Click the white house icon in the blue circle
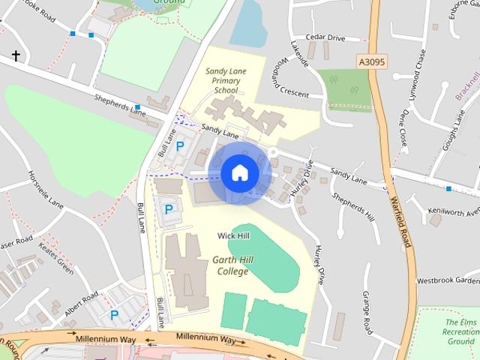coord(239,172)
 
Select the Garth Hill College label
coord(230,265)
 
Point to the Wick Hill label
coord(233,235)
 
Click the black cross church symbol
coord(16,56)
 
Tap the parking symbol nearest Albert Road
coord(115,316)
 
